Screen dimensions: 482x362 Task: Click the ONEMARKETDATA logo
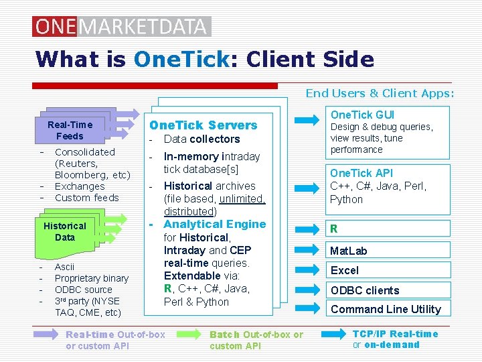point(121,26)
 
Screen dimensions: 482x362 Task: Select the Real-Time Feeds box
point(70,130)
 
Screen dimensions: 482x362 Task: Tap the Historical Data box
point(65,231)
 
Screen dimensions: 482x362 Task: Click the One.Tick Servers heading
point(203,125)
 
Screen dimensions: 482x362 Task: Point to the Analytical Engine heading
point(214,225)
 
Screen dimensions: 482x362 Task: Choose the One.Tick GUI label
point(362,115)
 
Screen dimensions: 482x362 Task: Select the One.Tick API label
point(361,173)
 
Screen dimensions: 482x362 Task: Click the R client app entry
point(333,229)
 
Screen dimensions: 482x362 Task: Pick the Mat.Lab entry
point(349,251)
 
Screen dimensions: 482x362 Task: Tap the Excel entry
point(345,271)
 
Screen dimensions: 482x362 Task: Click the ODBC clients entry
point(365,290)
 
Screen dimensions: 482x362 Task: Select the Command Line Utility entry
point(386,309)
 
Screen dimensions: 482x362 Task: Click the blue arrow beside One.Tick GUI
point(307,121)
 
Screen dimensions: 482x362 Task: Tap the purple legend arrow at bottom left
point(46,335)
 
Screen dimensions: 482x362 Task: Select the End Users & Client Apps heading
point(380,93)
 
